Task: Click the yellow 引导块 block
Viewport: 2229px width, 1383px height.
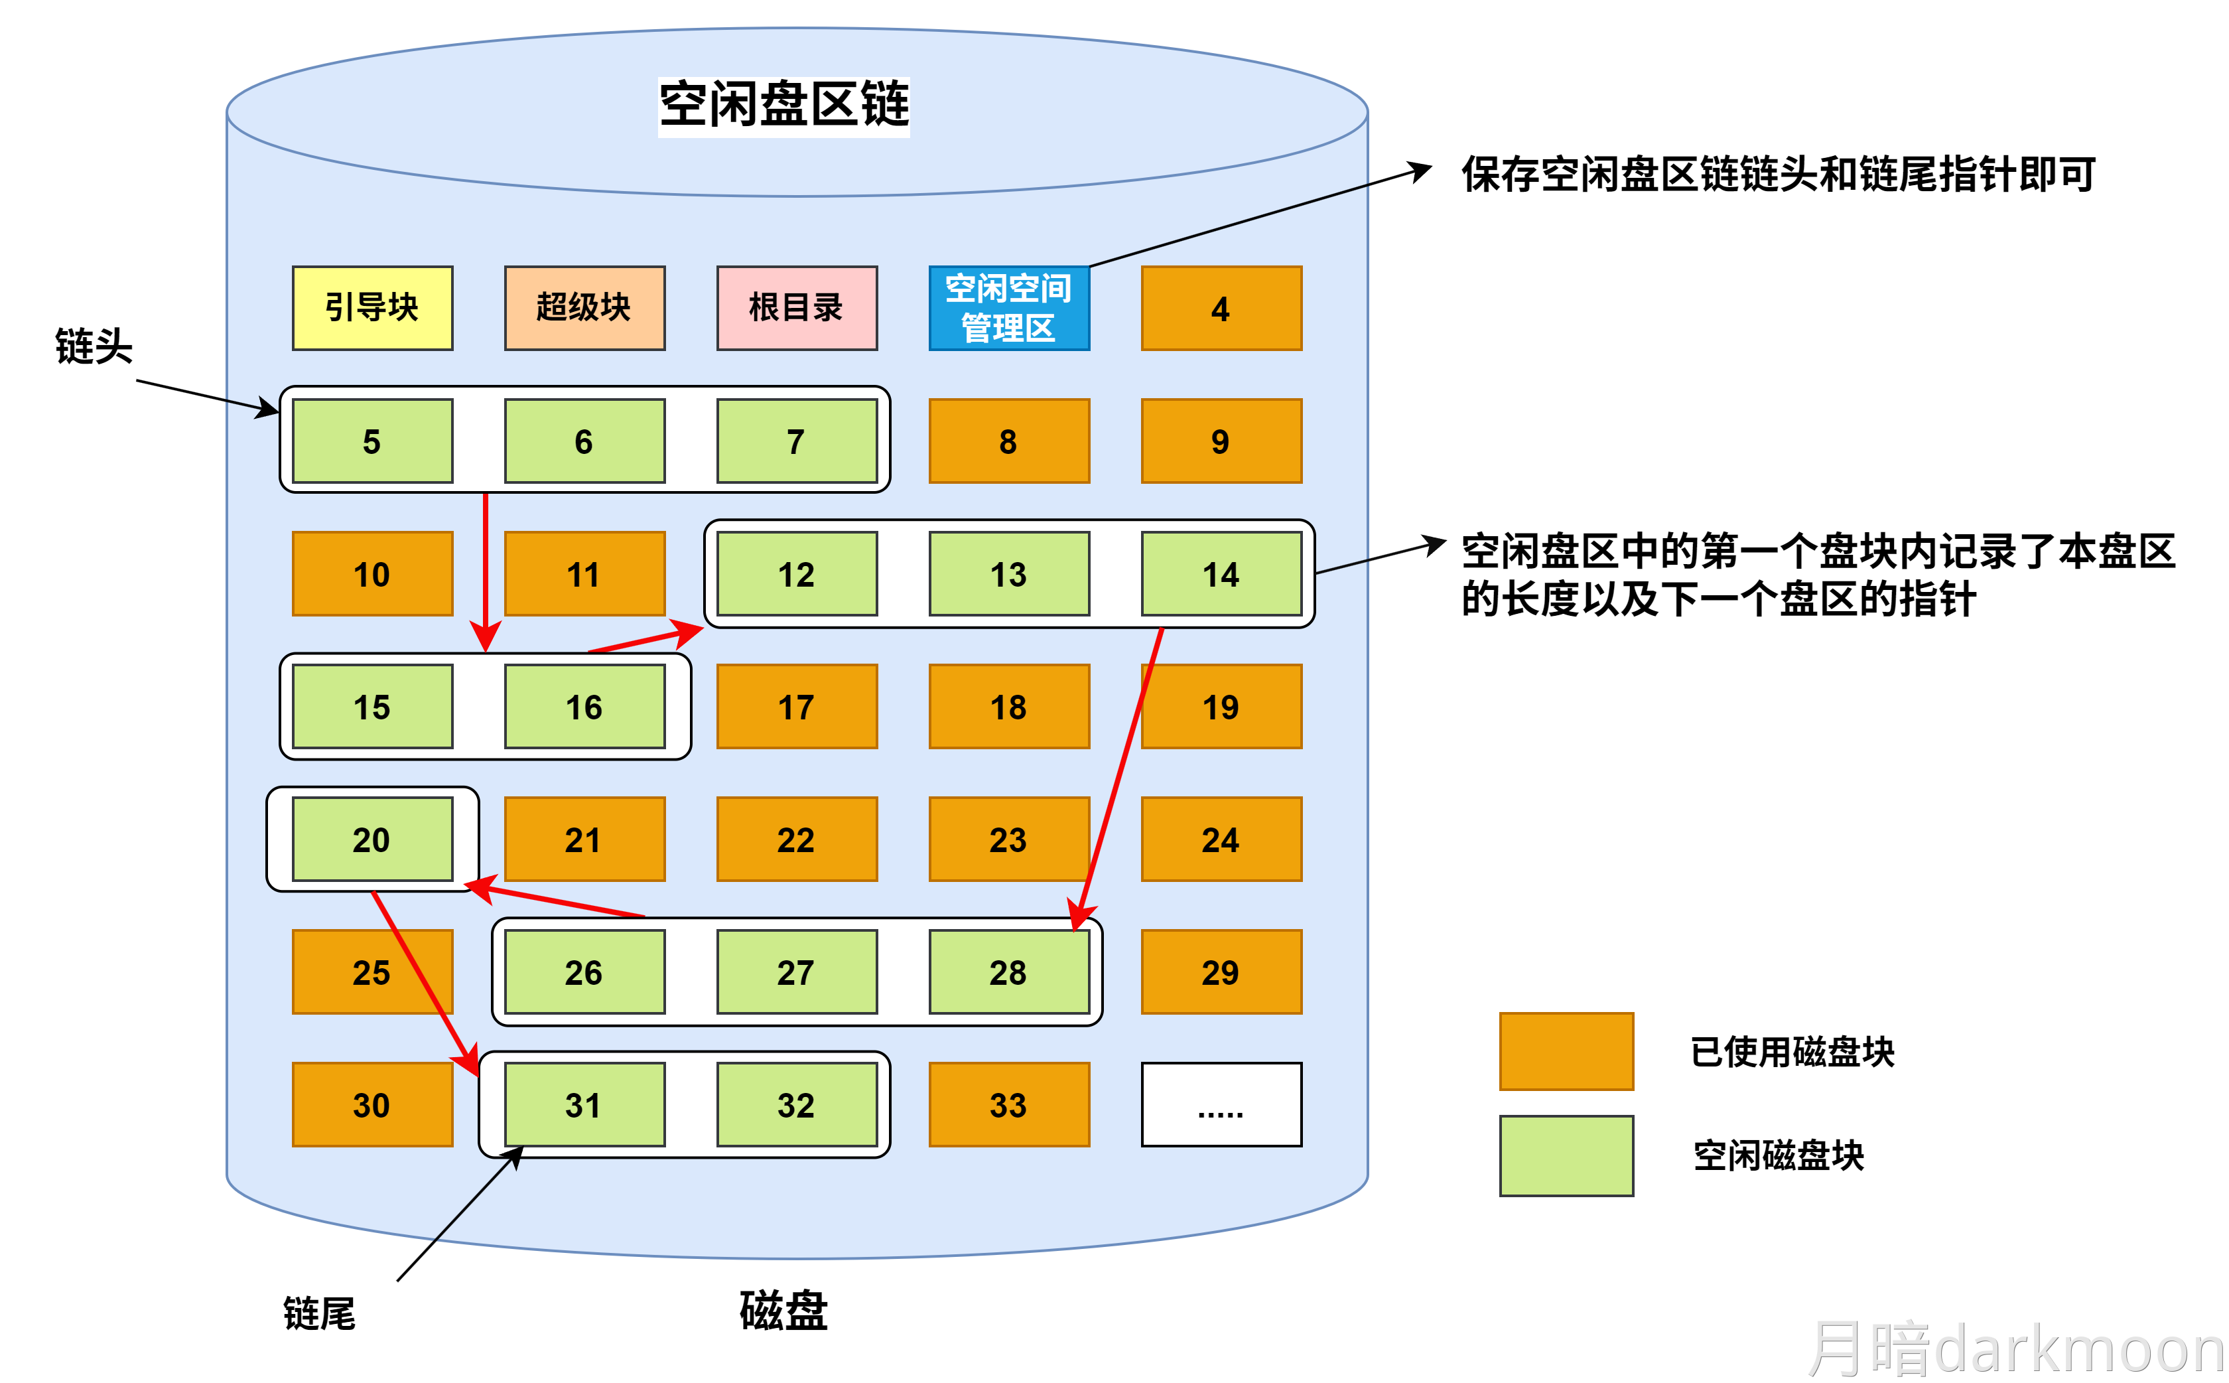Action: point(372,307)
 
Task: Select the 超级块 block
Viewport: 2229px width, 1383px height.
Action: point(584,307)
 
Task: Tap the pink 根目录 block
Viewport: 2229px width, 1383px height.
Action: point(796,307)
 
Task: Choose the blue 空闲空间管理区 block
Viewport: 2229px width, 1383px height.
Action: point(1008,307)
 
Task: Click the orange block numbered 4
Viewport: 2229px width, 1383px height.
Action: point(1221,307)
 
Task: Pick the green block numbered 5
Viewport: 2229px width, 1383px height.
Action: point(372,440)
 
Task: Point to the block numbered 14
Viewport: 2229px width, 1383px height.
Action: point(1221,573)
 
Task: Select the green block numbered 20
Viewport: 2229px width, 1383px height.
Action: point(372,838)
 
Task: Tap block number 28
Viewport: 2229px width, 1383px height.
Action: point(1008,972)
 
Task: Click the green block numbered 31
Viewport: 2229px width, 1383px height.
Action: point(584,1104)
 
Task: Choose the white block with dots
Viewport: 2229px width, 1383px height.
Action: point(1221,1104)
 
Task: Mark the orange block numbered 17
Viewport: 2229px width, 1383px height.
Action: point(796,706)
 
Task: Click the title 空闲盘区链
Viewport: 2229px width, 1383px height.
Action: point(783,104)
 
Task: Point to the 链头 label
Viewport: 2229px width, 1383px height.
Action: point(94,346)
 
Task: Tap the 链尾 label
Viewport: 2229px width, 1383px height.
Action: point(319,1313)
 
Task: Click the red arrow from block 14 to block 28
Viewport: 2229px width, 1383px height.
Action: point(1120,778)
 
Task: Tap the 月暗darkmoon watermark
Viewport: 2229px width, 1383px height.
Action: point(2016,1348)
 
